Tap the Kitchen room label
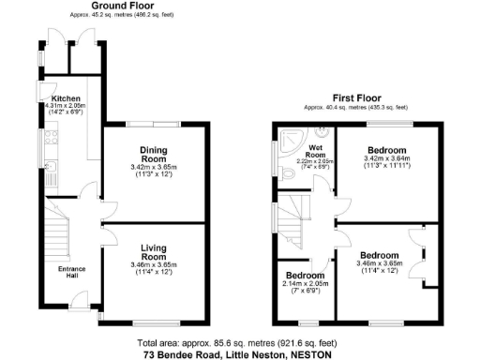66,98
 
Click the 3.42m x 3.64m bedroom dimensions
386,160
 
